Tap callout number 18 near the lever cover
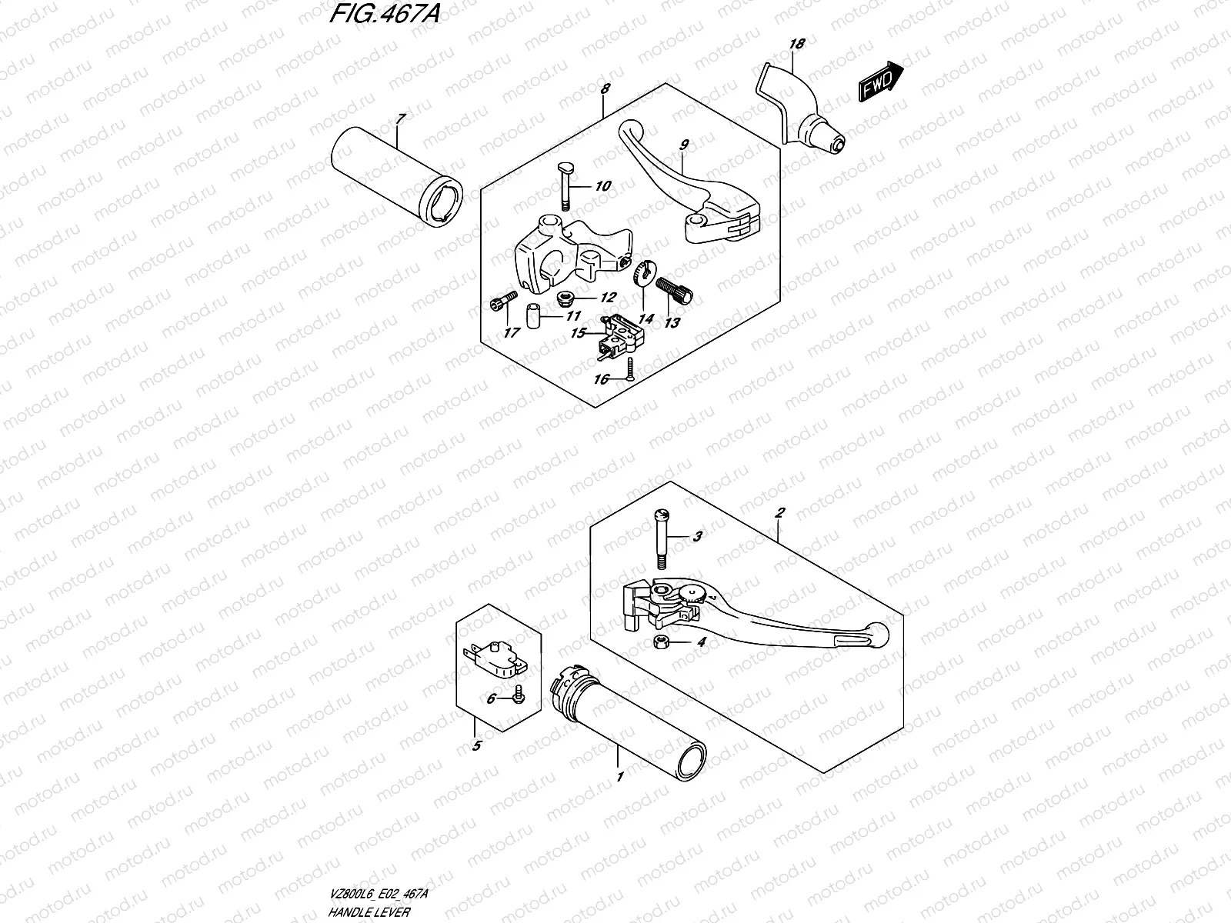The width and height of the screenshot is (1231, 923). point(796,45)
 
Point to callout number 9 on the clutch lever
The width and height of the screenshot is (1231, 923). point(683,145)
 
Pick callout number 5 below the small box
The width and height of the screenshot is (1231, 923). point(477,745)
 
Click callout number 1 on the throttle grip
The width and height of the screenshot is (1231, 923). point(619,778)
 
